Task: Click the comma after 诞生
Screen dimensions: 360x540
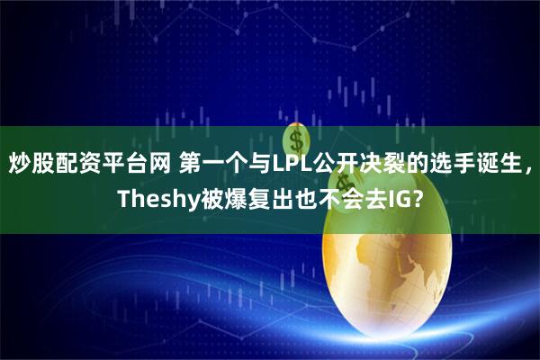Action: pos(528,166)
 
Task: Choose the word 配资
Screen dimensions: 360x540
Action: pos(70,163)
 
